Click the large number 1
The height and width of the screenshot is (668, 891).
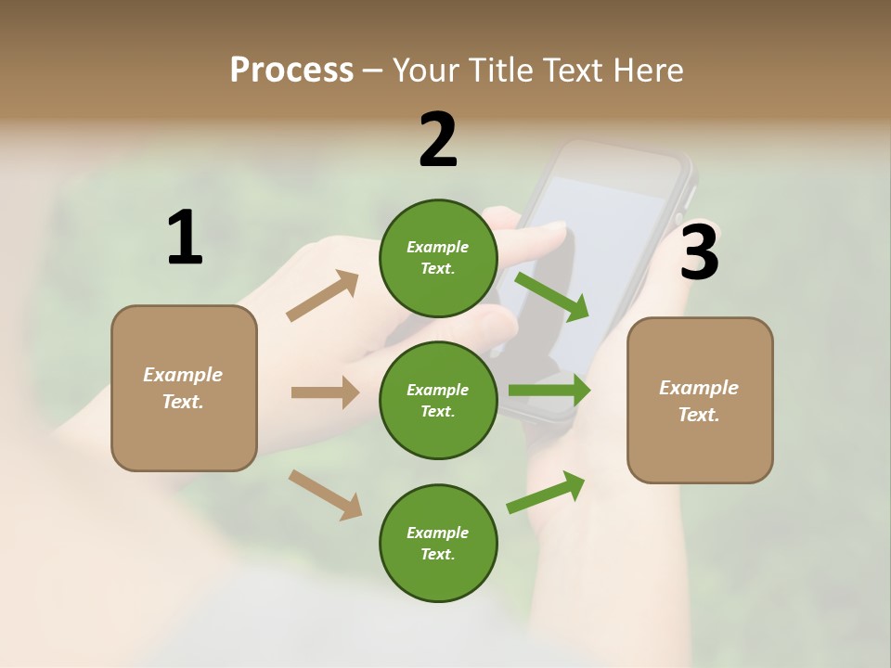(x=185, y=238)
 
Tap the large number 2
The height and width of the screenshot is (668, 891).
(x=438, y=140)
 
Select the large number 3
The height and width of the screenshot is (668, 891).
(x=700, y=252)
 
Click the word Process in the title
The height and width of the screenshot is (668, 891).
(x=291, y=70)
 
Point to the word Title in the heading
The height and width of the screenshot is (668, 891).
(x=497, y=70)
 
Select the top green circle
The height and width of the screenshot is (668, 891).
(x=438, y=258)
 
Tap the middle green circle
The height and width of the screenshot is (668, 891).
(x=438, y=400)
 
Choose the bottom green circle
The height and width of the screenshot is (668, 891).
(x=438, y=543)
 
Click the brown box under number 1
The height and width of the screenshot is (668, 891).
(x=184, y=388)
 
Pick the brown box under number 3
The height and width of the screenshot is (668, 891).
(x=700, y=401)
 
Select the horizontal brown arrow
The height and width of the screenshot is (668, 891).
(x=325, y=392)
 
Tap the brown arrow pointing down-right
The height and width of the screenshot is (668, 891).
(x=325, y=495)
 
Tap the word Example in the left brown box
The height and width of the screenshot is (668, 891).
(x=183, y=375)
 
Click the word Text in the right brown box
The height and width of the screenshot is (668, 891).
(x=698, y=415)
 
